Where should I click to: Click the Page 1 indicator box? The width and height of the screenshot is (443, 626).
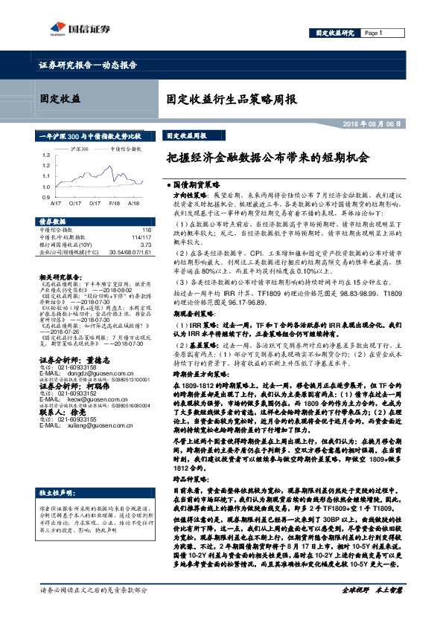tap(374, 33)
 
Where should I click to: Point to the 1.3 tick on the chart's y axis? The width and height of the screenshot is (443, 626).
tap(46, 155)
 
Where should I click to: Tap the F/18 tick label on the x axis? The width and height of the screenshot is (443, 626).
tap(115, 201)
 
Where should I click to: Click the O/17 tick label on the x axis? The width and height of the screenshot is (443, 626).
tap(74, 201)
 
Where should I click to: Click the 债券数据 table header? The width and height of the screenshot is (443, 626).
tap(52, 222)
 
